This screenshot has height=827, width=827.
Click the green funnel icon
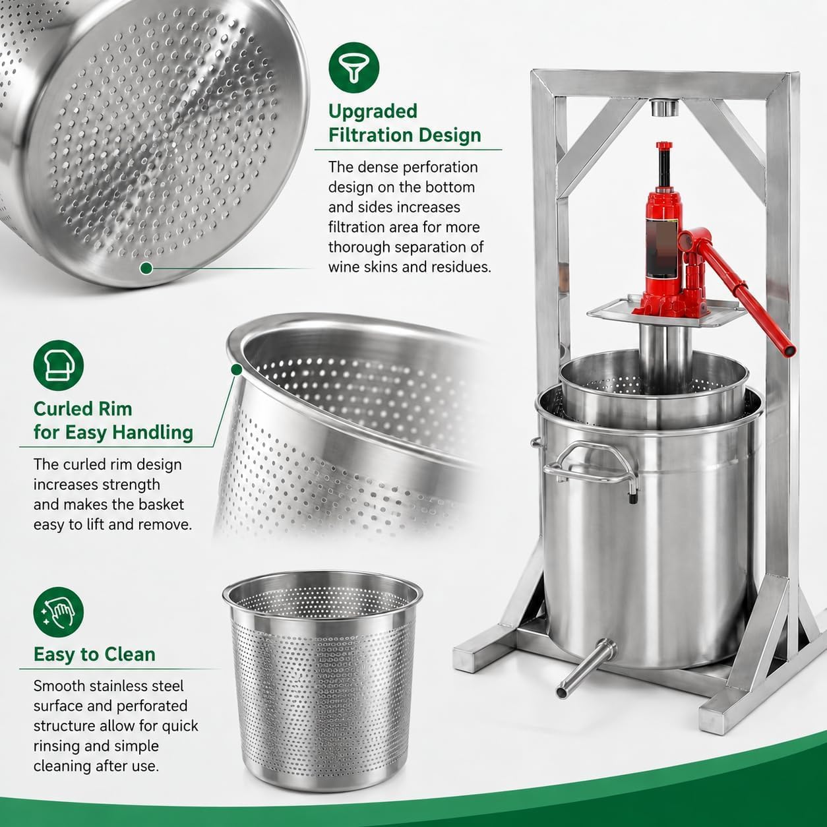click(353, 67)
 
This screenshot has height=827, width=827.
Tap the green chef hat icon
click(59, 365)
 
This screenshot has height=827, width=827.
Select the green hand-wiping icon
click(59, 612)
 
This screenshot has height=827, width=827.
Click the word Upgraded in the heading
click(373, 111)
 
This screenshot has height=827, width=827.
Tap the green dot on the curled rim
click(235, 369)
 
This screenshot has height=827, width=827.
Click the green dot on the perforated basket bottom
click(146, 268)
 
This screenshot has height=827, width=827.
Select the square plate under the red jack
click(663, 311)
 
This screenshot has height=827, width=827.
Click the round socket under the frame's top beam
click(664, 107)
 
